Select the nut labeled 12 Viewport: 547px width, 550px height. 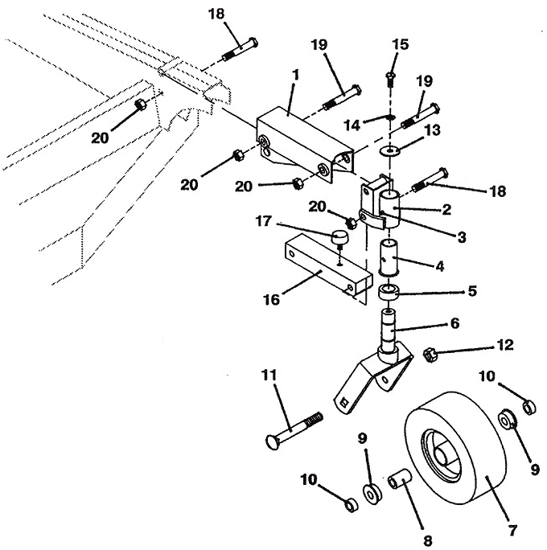coord(430,355)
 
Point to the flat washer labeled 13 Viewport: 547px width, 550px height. coord(390,151)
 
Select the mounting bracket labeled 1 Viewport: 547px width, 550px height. coord(305,144)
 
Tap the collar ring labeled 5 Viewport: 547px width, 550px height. coord(388,292)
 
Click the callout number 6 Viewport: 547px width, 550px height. coord(454,323)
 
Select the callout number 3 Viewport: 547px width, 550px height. coord(462,237)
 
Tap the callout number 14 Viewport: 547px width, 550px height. coord(352,125)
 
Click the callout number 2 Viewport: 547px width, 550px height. coord(446,209)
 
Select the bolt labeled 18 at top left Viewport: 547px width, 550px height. coord(241,48)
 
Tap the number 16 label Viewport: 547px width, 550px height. coord(272,300)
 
